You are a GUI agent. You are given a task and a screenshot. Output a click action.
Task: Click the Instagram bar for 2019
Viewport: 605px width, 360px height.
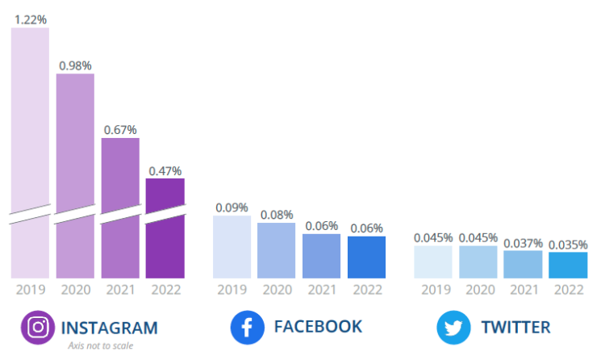pos(30,153)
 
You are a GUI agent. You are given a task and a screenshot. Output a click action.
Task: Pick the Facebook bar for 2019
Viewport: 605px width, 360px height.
pos(232,247)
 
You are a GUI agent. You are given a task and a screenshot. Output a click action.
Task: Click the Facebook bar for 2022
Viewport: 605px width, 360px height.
pos(367,257)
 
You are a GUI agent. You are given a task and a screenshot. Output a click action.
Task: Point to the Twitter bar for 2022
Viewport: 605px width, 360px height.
pos(568,265)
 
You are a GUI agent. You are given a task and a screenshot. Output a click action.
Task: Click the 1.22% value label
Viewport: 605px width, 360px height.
pos(30,19)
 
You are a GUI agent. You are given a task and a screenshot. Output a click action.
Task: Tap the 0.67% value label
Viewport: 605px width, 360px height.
pos(120,129)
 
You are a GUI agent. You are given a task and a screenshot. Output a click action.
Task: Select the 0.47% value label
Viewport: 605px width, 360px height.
pos(165,170)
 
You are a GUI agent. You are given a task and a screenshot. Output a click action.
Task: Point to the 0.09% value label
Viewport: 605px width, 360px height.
pos(232,207)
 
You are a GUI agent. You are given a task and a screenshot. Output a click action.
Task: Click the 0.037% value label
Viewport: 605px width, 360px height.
pos(523,242)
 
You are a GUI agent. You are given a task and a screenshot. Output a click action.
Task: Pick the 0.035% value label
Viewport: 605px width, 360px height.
pos(568,244)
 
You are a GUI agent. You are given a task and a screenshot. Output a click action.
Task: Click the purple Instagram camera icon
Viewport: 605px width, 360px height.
pos(37,327)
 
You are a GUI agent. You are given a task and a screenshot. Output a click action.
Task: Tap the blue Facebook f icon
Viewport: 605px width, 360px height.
pos(248,327)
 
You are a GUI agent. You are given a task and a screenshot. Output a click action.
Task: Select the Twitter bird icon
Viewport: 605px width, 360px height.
pos(453,327)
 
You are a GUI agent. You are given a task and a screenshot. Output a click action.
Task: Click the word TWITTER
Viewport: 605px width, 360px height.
pos(516,327)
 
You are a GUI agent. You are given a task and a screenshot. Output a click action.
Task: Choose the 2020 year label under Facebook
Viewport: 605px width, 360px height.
pos(277,289)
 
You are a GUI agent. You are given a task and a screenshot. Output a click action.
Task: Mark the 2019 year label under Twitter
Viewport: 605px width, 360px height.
pos(433,289)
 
